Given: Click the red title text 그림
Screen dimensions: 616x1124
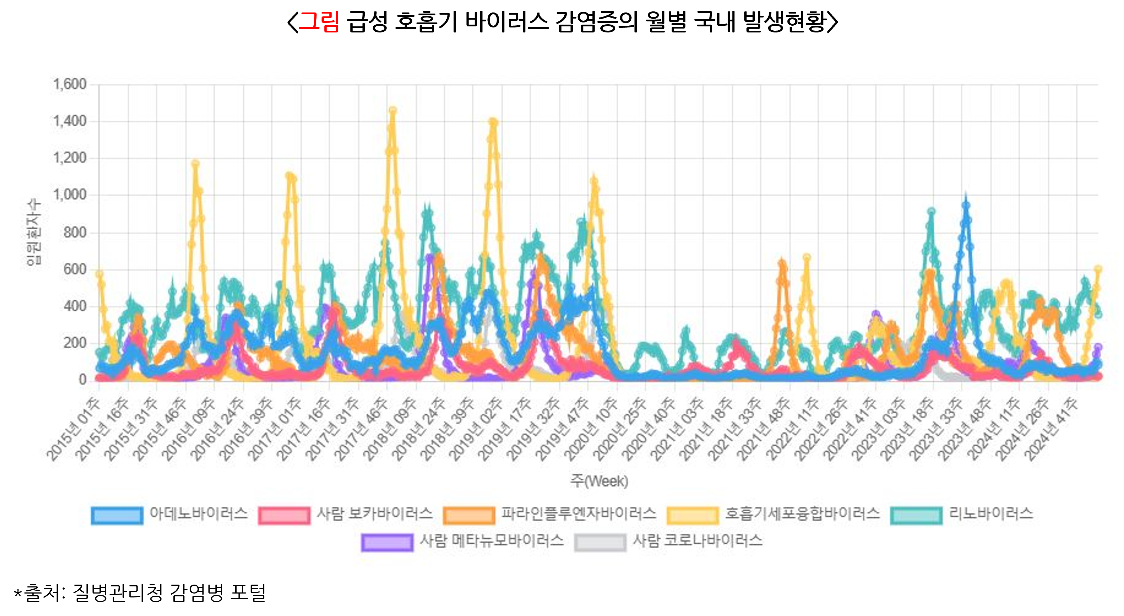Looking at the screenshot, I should [319, 21].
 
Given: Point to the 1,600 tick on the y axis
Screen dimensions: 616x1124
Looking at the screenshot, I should [70, 84].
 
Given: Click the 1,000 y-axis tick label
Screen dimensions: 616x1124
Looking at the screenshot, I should [70, 195].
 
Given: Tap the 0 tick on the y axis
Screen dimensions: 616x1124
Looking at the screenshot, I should [82, 380].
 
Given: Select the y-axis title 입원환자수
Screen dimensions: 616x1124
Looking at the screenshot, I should [34, 232].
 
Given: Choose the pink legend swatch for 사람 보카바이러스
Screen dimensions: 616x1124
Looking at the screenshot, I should [284, 515].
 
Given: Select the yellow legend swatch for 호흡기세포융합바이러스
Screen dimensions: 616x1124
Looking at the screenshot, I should [692, 515].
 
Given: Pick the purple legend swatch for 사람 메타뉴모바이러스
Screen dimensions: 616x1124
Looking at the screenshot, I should [387, 543].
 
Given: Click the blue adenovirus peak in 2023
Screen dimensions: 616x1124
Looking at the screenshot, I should [966, 204].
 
